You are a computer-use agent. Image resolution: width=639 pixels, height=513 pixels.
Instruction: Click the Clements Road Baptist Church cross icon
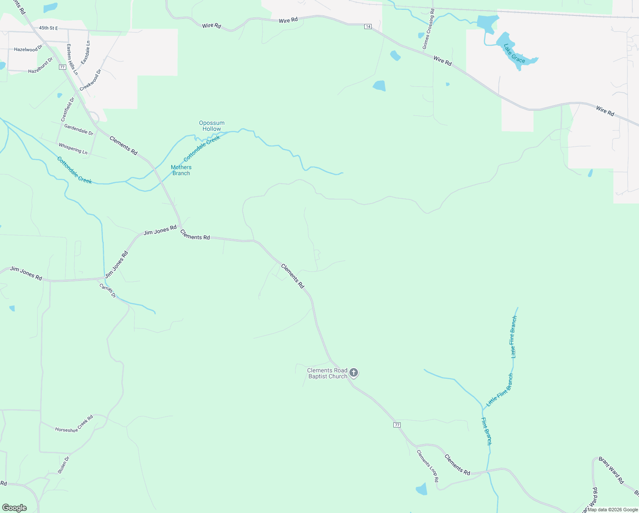coord(354,373)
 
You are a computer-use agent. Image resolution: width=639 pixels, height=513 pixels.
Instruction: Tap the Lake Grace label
coord(514,53)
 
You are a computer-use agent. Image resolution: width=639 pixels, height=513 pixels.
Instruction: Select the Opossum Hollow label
coord(212,126)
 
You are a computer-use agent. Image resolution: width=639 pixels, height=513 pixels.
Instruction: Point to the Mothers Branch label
coord(181,170)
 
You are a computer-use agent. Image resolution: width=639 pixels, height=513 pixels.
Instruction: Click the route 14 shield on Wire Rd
coord(368,27)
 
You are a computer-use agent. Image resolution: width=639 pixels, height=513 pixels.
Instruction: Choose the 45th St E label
coord(48,28)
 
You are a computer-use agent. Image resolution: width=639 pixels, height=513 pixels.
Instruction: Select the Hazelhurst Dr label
coord(40,65)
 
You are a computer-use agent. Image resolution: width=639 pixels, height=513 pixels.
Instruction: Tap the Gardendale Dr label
coord(79,130)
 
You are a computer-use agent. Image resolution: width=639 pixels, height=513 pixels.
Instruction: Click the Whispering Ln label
coord(73,149)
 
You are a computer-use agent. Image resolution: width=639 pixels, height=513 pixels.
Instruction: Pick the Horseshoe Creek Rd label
coord(74,424)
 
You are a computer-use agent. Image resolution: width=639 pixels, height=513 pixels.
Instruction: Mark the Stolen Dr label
coord(64,465)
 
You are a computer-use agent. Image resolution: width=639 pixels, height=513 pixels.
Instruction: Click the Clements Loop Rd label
coord(428,466)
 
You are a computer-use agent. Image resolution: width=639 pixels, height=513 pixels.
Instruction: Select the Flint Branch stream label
coord(487,431)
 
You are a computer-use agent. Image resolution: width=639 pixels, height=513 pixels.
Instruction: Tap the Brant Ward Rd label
coord(611,470)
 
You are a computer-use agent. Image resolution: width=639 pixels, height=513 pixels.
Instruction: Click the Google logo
coord(15,508)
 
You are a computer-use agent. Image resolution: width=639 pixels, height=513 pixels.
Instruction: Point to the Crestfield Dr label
coord(67,109)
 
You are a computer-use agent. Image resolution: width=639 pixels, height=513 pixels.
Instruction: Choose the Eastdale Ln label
coord(85,53)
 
